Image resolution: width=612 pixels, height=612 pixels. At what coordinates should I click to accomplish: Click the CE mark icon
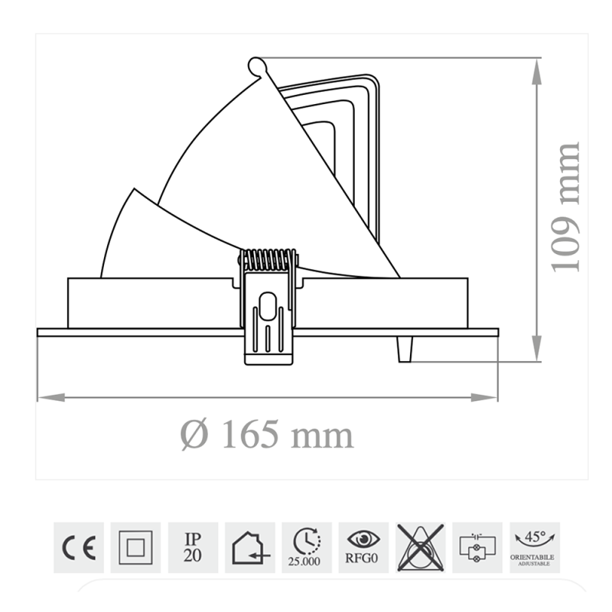78,547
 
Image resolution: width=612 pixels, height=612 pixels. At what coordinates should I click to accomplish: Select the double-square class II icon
135,547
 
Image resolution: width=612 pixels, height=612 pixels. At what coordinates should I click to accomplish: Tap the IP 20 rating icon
193,547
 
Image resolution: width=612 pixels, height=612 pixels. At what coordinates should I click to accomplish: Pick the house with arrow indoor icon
249,547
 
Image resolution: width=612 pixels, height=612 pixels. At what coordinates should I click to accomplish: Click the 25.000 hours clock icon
307,547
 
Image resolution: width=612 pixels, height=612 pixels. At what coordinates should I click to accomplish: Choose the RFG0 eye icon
364,547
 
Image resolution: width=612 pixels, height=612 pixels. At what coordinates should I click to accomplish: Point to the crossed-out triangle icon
420,547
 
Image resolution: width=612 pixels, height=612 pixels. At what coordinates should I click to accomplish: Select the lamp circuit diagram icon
477,547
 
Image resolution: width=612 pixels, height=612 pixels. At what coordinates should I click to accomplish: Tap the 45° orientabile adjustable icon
534,547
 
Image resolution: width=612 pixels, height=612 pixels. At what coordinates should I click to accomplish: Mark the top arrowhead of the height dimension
539,67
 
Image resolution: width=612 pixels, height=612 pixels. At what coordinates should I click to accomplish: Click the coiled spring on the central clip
268,260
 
